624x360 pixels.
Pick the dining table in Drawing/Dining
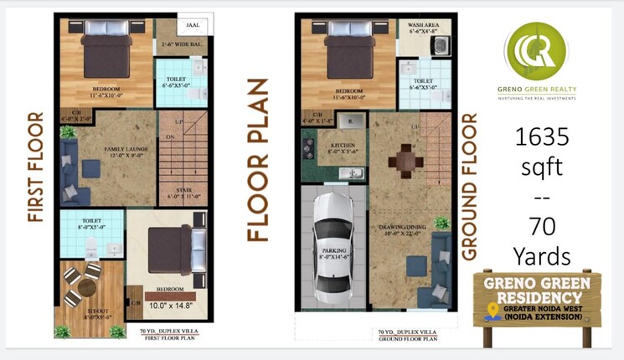click(x=406, y=158)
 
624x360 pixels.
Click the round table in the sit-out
click(x=85, y=287)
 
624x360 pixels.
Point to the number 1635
click(x=541, y=136)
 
